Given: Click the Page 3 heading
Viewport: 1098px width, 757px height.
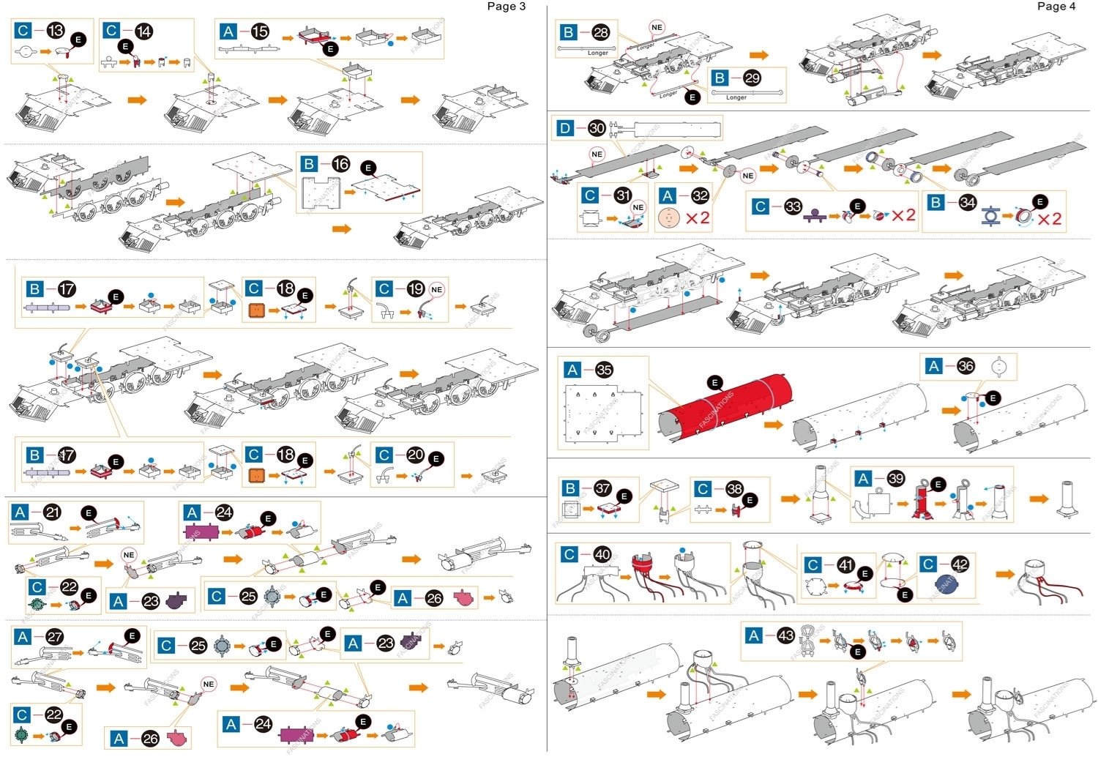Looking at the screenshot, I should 507,7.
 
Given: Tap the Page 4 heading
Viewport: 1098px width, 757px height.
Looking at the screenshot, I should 1056,7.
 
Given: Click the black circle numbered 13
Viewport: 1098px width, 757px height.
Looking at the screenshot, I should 56,31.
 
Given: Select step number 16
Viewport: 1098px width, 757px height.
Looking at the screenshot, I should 341,164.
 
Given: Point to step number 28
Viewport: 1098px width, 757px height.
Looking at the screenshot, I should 601,32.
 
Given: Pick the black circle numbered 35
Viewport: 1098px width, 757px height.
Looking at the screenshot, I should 604,370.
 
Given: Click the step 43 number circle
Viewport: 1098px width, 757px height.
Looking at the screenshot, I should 785,635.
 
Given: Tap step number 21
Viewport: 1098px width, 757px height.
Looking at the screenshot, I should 52,512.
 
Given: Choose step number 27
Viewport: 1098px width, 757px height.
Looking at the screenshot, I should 55,637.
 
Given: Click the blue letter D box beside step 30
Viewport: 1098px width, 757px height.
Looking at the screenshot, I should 565,128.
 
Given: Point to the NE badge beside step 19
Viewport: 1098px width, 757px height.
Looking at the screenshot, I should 437,290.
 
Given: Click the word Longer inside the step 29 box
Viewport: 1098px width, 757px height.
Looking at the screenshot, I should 736,97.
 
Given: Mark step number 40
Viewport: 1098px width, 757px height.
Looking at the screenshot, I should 602,555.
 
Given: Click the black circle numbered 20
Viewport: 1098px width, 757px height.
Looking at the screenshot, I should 415,455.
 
